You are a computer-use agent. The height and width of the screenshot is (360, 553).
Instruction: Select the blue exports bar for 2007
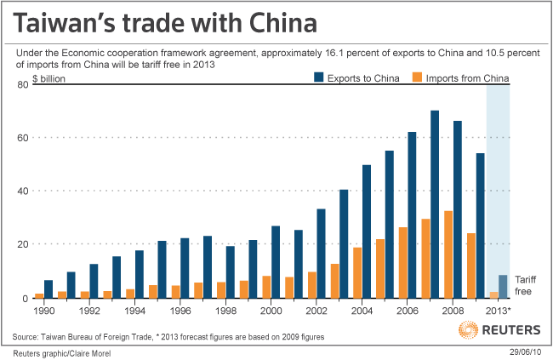click(435, 204)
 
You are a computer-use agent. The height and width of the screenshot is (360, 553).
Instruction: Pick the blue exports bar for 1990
click(48, 289)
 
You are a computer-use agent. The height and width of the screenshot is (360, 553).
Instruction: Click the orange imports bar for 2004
click(357, 272)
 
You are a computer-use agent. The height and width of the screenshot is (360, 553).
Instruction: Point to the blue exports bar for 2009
click(480, 226)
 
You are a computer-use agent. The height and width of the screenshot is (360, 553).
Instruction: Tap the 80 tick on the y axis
click(24, 84)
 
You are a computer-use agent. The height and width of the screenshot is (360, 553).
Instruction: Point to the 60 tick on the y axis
click(24, 137)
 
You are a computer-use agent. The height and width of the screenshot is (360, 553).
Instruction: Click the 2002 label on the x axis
click(314, 310)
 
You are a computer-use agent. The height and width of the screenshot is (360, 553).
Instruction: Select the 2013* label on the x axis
click(497, 310)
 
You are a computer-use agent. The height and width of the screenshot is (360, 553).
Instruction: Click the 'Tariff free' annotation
click(527, 284)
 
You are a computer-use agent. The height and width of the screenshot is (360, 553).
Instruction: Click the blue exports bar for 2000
click(275, 262)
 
